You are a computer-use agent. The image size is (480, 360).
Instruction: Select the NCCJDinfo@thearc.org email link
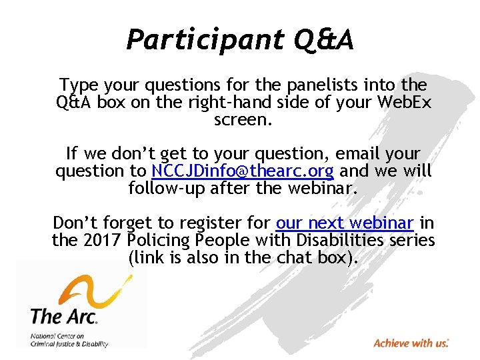242,171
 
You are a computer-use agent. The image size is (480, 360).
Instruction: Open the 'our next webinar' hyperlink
345,223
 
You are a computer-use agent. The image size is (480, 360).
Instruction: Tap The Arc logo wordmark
64,315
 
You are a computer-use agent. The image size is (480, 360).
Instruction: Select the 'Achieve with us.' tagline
411,343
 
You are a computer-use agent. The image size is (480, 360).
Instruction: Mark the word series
411,240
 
